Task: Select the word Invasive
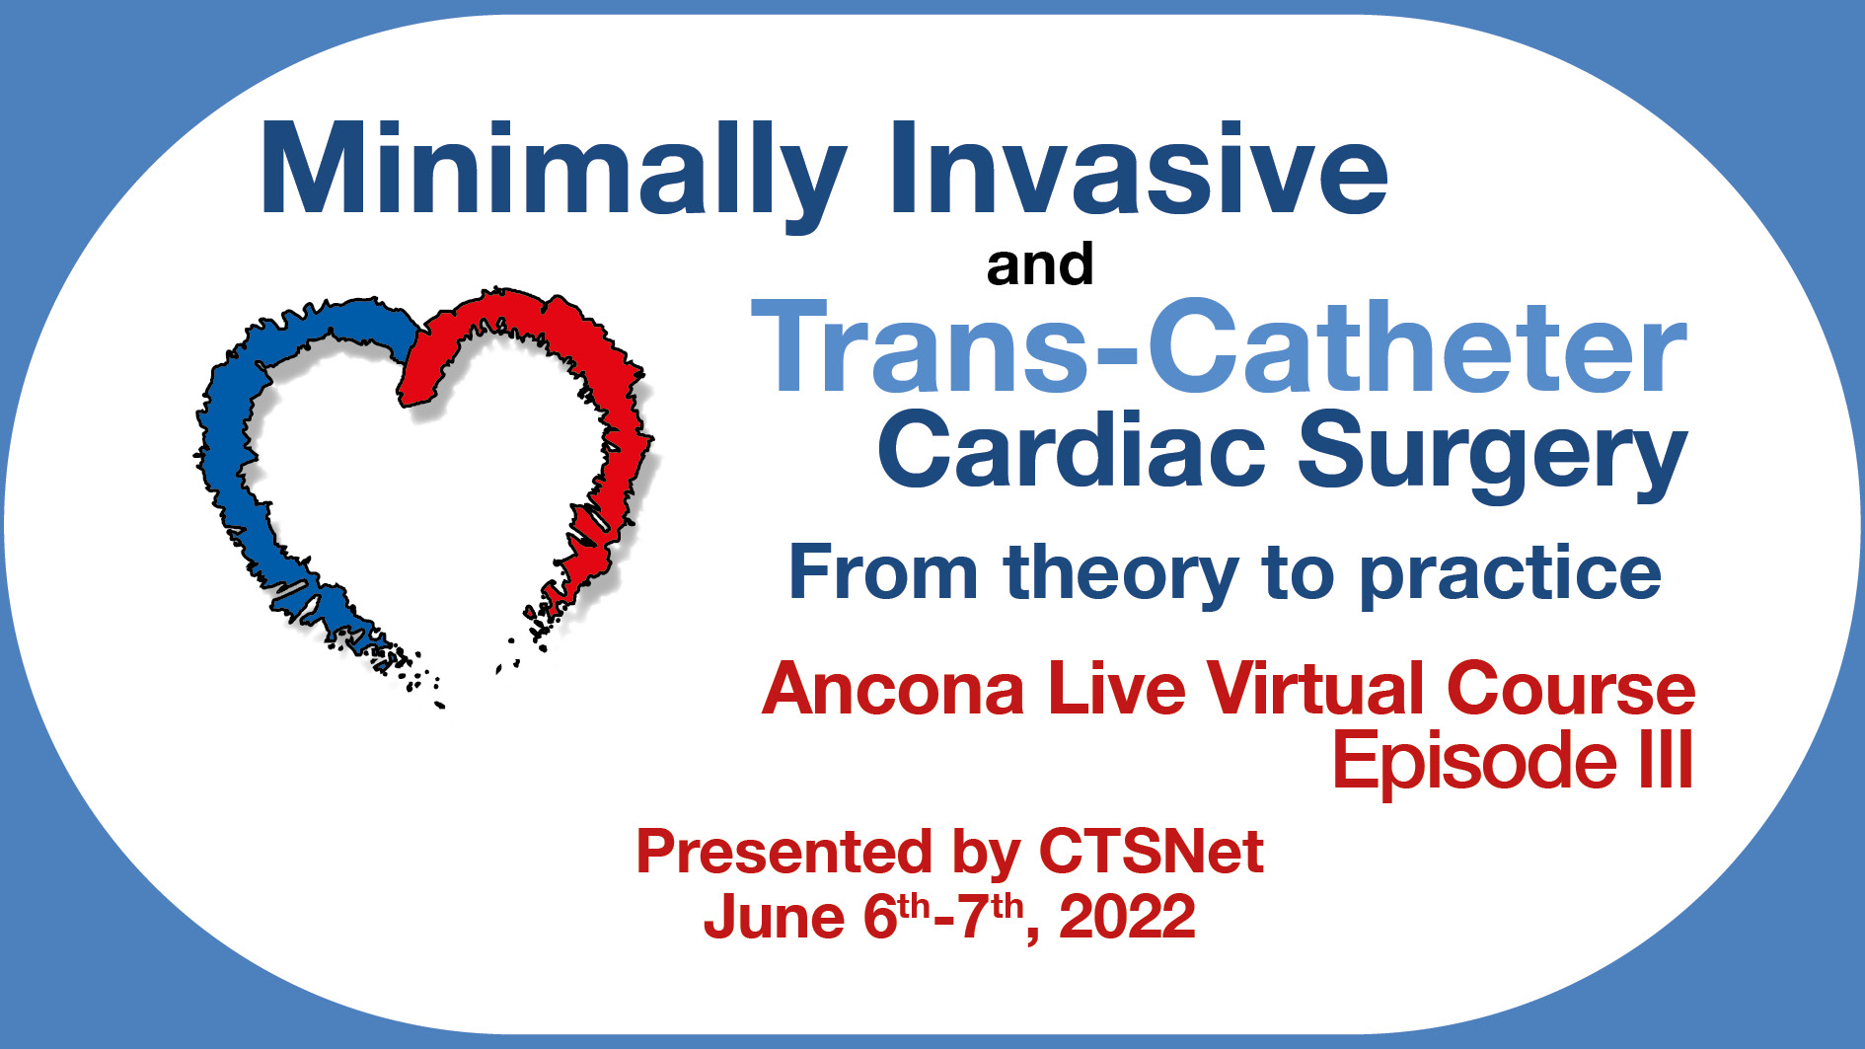(1139, 168)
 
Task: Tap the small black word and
(1040, 264)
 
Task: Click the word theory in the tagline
(1120, 574)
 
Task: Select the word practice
(1510, 576)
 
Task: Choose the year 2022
(1127, 917)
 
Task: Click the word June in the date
(775, 917)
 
